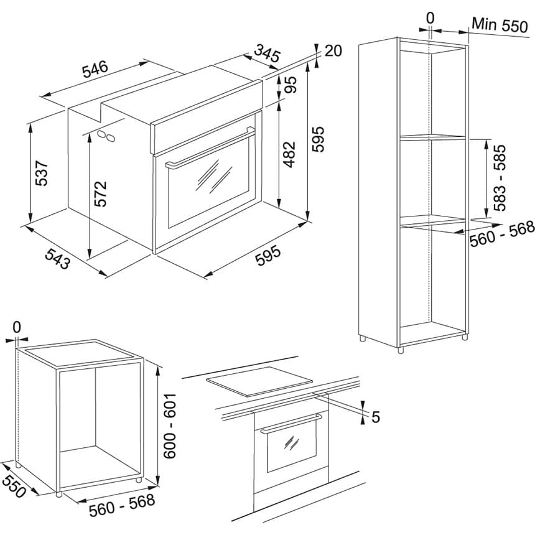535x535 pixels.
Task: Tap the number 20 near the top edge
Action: click(x=333, y=51)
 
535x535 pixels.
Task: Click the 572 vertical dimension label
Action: click(x=101, y=193)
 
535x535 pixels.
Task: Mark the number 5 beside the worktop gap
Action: click(x=374, y=417)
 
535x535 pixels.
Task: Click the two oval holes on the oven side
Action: click(x=106, y=135)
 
